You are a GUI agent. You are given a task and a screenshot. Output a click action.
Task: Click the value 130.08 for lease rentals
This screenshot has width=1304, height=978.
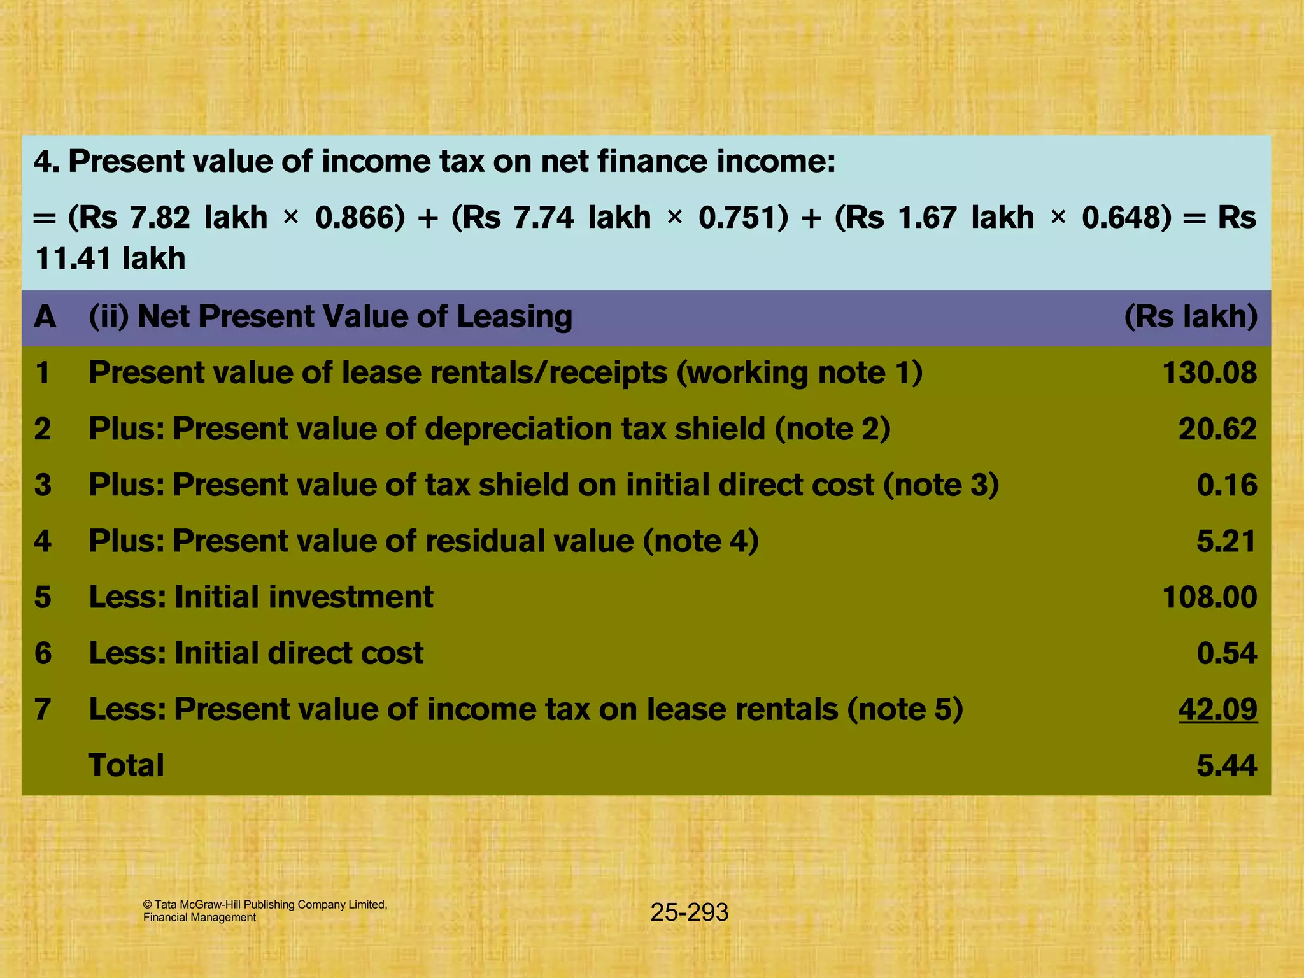[1209, 373]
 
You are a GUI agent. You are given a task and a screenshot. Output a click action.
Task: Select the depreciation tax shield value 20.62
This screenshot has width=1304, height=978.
[1217, 429]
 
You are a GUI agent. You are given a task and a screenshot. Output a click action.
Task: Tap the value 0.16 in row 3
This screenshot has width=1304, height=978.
[1226, 485]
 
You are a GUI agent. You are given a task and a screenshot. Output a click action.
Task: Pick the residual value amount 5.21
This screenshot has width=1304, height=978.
[1226, 541]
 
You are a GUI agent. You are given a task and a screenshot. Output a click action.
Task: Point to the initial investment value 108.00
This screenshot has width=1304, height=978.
[1209, 597]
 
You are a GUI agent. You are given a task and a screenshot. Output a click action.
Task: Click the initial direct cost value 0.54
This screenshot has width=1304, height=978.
[1226, 653]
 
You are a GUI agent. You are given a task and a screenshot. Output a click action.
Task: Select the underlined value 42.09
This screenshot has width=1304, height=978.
[1217, 709]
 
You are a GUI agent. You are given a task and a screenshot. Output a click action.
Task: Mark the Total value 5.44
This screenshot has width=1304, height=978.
[1226, 765]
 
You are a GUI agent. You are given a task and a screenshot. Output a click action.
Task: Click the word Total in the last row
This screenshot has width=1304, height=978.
[126, 765]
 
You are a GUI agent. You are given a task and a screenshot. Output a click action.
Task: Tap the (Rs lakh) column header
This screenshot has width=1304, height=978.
[1190, 317]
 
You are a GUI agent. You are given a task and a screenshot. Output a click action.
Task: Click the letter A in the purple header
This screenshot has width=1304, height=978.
[45, 317]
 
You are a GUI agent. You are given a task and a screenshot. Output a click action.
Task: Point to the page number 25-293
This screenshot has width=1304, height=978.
[689, 912]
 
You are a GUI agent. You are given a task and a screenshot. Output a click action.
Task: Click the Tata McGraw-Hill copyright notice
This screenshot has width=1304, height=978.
[265, 911]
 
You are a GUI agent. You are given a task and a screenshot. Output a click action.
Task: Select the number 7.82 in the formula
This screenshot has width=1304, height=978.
[160, 218]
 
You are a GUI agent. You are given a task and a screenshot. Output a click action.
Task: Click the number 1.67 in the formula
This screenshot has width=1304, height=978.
[926, 218]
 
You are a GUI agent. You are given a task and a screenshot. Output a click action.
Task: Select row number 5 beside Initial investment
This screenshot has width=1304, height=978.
[43, 597]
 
